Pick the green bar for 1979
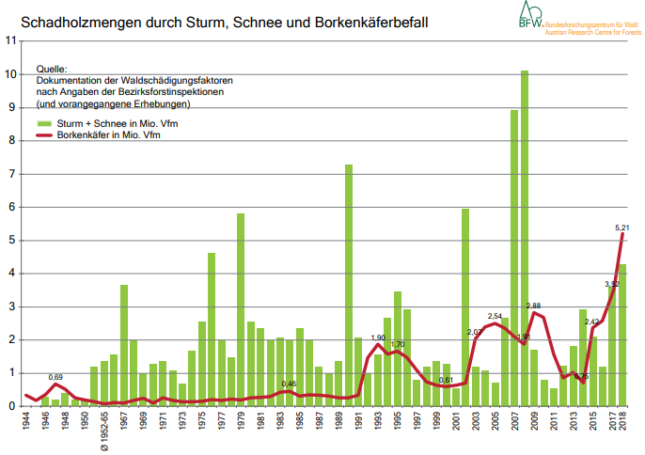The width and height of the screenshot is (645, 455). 241,309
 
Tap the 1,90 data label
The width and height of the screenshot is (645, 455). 378,337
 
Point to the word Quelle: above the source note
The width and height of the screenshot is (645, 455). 52,70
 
